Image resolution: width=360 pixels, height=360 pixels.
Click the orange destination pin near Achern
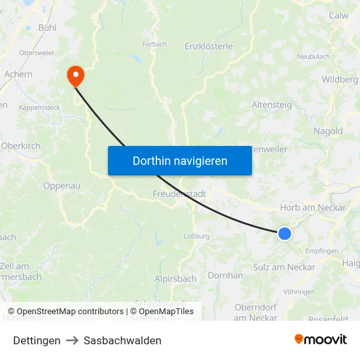tap(76, 75)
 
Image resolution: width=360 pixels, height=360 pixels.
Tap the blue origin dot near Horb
tap(285, 233)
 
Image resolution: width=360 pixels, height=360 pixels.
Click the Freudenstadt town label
tap(179, 194)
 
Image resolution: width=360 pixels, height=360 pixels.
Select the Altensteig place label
tap(272, 105)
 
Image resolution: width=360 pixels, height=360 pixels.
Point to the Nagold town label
tap(328, 131)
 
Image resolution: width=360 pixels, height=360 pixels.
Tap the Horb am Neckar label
tap(313, 207)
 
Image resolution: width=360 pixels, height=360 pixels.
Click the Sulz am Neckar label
tap(284, 267)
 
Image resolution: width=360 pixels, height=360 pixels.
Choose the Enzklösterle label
tap(209, 46)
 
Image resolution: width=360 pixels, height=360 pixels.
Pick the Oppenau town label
tap(62, 186)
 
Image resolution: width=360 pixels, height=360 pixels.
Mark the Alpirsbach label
tap(175, 279)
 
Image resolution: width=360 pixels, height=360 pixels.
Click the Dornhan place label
tap(225, 276)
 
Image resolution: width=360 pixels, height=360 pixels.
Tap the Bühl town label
tap(47, 27)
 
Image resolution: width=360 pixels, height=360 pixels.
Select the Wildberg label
tap(340, 79)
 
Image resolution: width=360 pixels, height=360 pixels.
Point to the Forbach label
tap(154, 45)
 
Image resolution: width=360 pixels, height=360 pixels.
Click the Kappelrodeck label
tap(39, 107)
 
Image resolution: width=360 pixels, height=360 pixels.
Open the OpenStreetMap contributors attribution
tap(70, 312)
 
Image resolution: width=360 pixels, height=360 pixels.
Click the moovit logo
tap(320, 339)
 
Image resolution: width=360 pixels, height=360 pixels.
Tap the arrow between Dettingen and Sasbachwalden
tap(72, 340)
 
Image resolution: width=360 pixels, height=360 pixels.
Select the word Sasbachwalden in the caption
tap(122, 340)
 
